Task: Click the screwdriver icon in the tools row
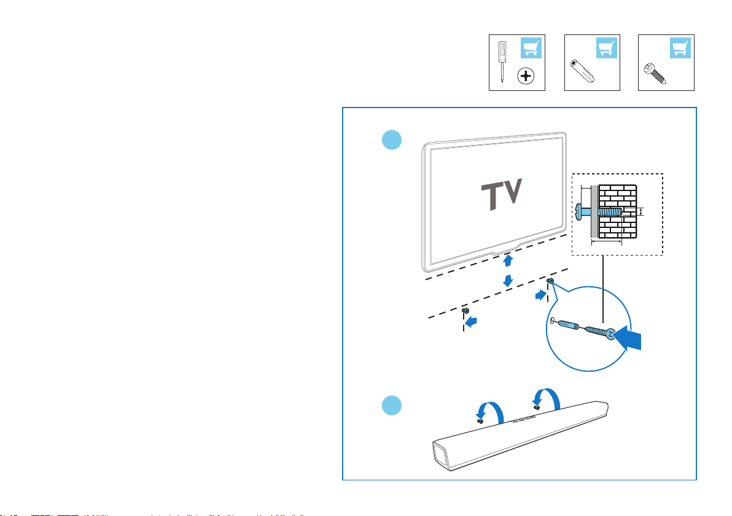tap(502, 61)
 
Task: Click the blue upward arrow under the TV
tap(508, 261)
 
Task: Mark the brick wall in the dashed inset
tap(618, 212)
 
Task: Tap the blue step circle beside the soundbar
tap(391, 406)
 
